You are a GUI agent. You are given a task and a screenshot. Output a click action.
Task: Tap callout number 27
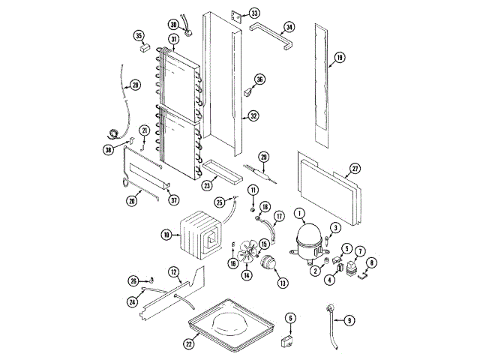(x=355, y=169)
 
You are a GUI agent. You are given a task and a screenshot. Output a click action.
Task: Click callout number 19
(x=339, y=57)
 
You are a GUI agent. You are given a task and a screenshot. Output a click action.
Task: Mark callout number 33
(x=255, y=14)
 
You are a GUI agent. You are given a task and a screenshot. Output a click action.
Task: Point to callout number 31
(x=173, y=39)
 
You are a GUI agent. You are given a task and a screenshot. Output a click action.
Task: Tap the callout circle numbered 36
(x=259, y=79)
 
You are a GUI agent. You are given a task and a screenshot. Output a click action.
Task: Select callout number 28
(x=135, y=85)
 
